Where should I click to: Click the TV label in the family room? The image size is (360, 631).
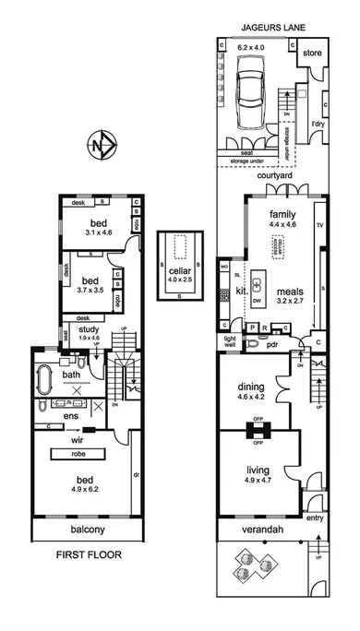pos(320,224)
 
